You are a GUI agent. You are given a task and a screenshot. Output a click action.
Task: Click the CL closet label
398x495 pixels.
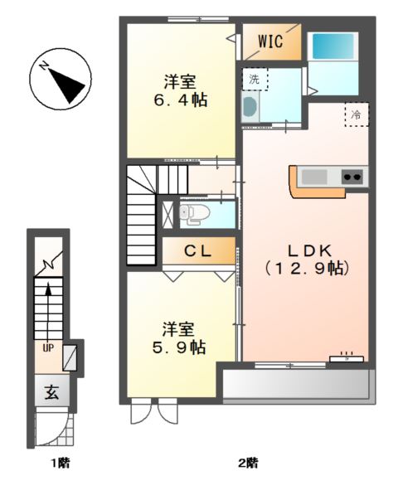tap(197, 250)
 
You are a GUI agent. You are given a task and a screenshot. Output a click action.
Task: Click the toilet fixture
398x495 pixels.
tap(192, 215)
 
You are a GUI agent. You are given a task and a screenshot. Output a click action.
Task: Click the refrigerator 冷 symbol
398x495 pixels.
tap(357, 114)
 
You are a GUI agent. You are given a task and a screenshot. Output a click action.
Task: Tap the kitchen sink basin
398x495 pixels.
tap(314, 176)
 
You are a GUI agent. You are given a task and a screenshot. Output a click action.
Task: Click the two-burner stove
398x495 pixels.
tap(352, 176)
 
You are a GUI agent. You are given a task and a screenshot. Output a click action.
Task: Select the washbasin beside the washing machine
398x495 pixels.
tap(250, 106)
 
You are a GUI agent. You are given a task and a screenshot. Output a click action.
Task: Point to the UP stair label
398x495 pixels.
tap(49, 347)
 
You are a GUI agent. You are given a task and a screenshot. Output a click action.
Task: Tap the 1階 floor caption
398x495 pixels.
tap(58, 463)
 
